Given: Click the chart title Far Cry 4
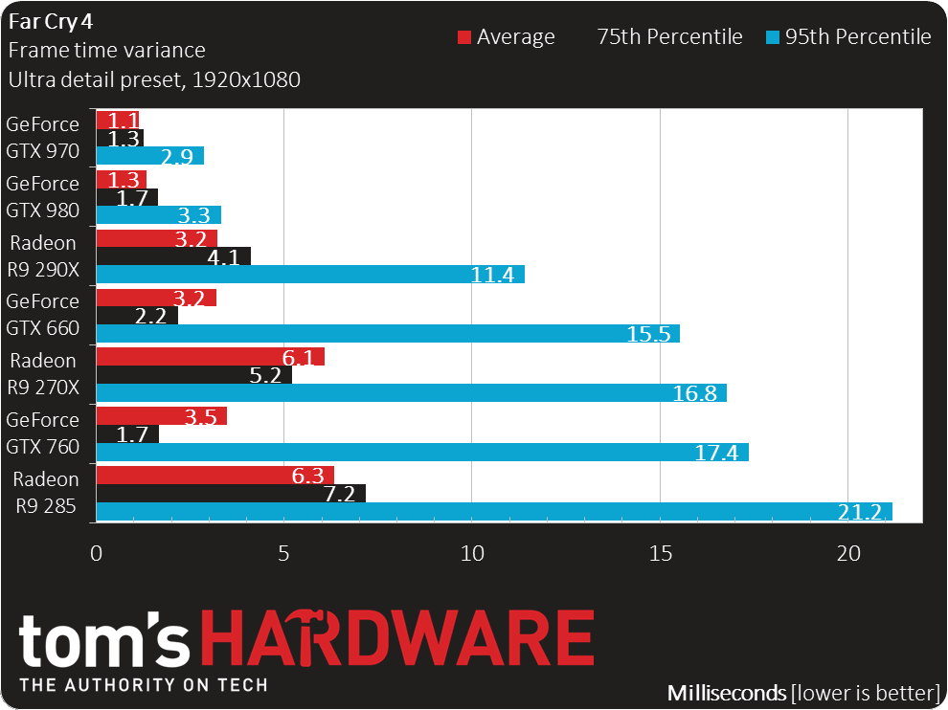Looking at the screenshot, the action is pos(51,22).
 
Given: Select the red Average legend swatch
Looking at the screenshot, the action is pos(464,37).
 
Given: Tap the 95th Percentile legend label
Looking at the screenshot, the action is pos(858,37).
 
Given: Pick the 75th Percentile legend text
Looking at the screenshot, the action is pos(670,37).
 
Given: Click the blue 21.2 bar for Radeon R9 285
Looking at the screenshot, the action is pos(494,512).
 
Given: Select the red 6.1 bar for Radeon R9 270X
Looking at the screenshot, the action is pos(211,357).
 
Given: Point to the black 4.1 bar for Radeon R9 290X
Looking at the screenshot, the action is pos(173,256).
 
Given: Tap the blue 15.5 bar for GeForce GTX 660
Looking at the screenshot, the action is pos(388,334).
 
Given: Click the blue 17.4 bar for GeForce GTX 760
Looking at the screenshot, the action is pos(422,452).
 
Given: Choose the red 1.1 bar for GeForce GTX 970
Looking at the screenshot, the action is pos(117,121).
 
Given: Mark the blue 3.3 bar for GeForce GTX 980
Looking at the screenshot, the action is pos(158,215).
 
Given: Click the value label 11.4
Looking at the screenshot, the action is pos(492,275).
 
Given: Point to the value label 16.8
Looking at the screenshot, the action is pos(694,393).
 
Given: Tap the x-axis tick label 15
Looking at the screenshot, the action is pos(660,553).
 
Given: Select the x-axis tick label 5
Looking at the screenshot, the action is pos(283,553).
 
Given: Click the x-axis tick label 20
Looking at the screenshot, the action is pos(848,553).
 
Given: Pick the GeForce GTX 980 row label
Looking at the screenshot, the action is pos(43,196).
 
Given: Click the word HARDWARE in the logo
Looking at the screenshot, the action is pos(397,638).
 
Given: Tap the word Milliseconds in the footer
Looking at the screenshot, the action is pos(727,693).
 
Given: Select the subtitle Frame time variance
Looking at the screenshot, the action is pos(107,50).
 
